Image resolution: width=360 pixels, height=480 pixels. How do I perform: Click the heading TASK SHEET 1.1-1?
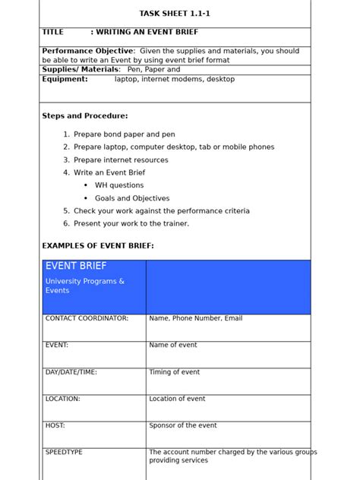[175, 13]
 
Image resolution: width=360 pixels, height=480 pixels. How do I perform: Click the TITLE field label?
[53, 33]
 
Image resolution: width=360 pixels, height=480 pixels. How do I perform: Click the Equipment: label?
[65, 79]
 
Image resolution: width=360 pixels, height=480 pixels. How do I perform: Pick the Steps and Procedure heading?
[85, 116]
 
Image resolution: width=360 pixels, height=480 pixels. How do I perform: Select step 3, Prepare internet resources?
[121, 160]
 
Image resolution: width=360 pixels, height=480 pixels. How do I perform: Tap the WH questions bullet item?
[118, 185]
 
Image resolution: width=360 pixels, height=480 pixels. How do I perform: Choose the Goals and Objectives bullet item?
[131, 198]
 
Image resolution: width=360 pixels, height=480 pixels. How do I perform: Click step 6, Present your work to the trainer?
[131, 224]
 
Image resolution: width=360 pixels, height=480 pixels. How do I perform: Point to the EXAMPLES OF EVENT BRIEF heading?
[98, 246]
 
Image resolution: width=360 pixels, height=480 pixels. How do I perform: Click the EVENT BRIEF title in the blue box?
[76, 267]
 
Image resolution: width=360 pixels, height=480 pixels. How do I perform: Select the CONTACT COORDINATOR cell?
[87, 318]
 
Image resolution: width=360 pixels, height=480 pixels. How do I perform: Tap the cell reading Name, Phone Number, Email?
[196, 318]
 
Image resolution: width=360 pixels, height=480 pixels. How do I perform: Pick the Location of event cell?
[177, 399]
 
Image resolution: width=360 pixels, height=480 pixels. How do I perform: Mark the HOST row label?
[55, 425]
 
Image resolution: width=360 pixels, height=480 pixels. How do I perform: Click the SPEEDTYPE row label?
[64, 452]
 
